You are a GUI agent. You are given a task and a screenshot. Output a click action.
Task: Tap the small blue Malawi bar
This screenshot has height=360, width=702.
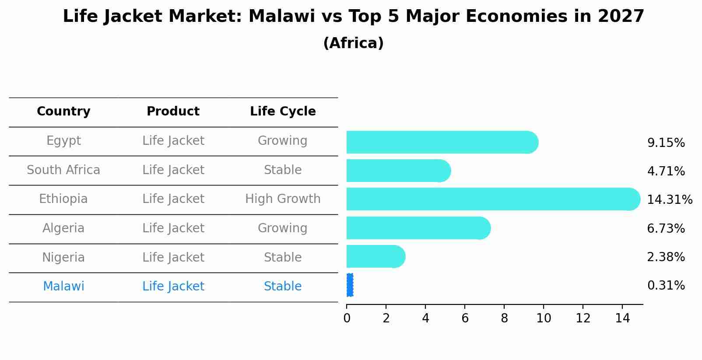(x=350, y=285)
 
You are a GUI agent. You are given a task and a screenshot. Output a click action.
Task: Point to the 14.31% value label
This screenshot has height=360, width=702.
(x=669, y=200)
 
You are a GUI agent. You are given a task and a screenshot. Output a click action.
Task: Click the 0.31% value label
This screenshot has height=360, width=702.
(x=666, y=286)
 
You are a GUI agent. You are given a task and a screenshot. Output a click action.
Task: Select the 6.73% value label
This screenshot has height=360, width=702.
(x=666, y=228)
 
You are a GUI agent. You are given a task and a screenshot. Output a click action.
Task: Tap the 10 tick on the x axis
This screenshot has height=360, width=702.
(x=544, y=318)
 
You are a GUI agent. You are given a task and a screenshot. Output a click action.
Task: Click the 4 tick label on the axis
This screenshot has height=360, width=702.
(x=425, y=318)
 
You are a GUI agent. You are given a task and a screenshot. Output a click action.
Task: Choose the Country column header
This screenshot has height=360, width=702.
(x=63, y=112)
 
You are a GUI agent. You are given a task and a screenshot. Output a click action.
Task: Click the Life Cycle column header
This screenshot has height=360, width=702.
(x=283, y=112)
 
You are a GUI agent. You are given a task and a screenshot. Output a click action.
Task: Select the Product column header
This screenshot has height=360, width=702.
(x=173, y=112)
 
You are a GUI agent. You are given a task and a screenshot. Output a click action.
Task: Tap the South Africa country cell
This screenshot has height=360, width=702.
(x=63, y=170)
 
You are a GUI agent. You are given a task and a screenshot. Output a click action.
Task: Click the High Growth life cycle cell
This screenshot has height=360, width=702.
(x=283, y=199)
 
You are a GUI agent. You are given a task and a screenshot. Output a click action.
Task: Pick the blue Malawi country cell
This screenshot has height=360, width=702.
(x=63, y=287)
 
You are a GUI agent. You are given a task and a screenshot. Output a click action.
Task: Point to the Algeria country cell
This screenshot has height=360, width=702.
(x=63, y=228)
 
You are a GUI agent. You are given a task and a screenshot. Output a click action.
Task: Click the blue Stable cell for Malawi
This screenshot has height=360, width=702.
(x=283, y=287)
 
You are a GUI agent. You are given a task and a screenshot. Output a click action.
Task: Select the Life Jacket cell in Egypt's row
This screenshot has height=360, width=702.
(x=173, y=141)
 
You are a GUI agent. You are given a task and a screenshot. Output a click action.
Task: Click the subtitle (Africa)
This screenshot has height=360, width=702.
(x=353, y=43)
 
